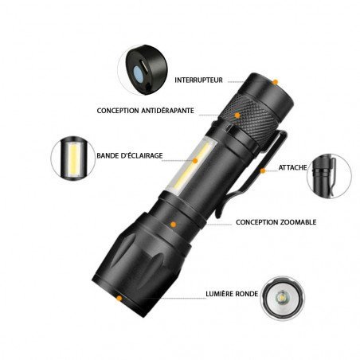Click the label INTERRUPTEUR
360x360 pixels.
pos(198,80)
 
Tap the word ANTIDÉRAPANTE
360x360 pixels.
pos(167,111)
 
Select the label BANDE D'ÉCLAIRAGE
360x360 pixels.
pos(130,155)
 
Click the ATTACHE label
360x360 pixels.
pos(292,167)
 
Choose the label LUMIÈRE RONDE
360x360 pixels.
pos(232,294)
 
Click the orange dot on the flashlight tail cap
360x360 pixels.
pos(276,82)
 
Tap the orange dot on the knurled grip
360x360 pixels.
pos(237,115)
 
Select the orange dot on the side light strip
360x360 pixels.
pos(195,161)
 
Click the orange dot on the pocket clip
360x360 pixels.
pos(263,170)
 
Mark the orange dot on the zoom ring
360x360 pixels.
pos(174,225)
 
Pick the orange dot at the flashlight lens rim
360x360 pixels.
pos(119,299)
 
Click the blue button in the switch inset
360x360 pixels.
pos(138,73)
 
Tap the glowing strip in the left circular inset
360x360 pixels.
pos(72,158)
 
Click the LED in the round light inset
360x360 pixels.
pos(282,296)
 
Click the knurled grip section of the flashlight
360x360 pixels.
pos(248,119)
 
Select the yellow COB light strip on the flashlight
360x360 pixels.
pos(190,167)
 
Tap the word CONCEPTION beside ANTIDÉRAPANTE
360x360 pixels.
pos(118,111)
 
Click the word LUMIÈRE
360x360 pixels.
pos(219,294)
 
